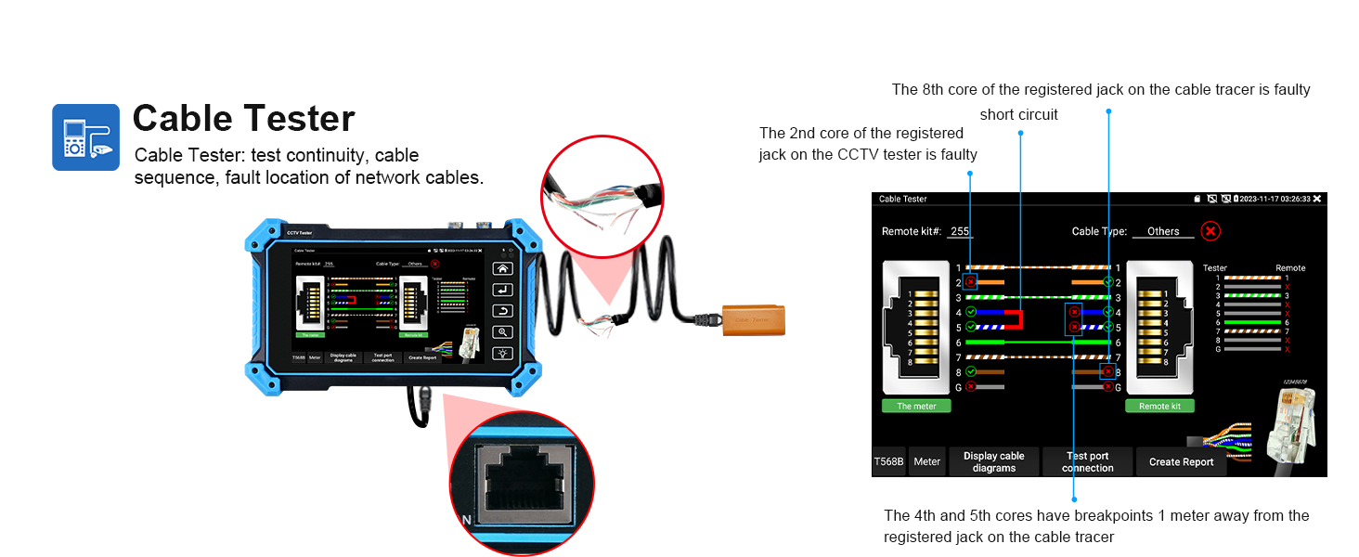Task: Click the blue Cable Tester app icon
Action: tap(85, 137)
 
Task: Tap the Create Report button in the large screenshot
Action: tap(1181, 461)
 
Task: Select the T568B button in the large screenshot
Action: tap(889, 461)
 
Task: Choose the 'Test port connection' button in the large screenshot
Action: tap(1087, 461)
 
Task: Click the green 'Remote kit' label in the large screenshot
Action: tap(1159, 406)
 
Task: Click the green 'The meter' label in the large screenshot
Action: tap(916, 406)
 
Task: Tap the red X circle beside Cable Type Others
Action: tap(1210, 231)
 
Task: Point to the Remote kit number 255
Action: tap(960, 231)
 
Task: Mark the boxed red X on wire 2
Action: tap(970, 281)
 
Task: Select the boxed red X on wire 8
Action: tap(1107, 371)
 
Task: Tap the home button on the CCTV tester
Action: tap(502, 268)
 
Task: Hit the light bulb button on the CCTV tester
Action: tap(502, 353)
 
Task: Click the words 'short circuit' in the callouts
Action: tap(1018, 115)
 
